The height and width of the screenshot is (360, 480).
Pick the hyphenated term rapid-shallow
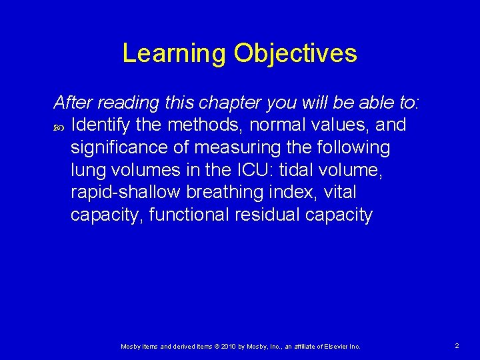coord(125,192)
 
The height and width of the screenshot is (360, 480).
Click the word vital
coord(341,192)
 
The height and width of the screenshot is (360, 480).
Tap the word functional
coord(191,215)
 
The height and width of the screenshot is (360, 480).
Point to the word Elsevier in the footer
coord(333,347)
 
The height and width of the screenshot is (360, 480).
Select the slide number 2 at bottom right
coord(457,346)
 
